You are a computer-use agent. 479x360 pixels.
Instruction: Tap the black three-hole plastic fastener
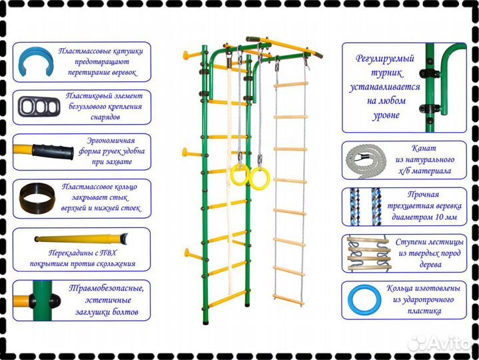click(39, 107)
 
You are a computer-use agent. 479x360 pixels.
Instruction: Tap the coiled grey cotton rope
click(366, 161)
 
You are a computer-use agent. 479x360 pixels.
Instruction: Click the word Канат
click(424, 148)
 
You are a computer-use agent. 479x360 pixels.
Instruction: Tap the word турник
click(387, 73)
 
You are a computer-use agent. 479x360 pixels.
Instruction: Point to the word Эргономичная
click(111, 141)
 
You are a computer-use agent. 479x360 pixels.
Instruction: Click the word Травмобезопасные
click(106, 289)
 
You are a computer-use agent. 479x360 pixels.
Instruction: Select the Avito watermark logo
click(440, 344)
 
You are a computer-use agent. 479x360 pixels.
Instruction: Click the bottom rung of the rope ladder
click(288, 300)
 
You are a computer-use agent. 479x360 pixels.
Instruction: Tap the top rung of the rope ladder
click(290, 85)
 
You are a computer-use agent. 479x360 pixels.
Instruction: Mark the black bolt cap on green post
click(55, 301)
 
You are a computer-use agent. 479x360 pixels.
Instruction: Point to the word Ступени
click(410, 243)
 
